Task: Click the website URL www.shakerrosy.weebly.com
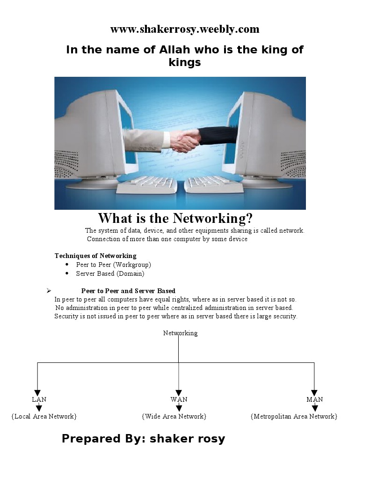point(185,29)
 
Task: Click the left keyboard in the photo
point(146,184)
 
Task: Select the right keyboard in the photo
point(214,184)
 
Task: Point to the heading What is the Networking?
point(175,218)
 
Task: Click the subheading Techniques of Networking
point(95,256)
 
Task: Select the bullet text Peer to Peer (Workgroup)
point(113,265)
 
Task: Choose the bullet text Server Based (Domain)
point(110,273)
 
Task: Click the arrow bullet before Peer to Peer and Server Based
point(49,291)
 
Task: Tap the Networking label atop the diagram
point(180,333)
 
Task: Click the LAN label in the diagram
point(39,399)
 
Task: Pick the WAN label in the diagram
point(179,399)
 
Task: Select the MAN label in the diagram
point(314,399)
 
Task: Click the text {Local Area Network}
point(44,416)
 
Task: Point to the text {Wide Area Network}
point(174,416)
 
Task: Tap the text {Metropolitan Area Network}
point(294,416)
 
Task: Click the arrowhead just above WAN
point(179,393)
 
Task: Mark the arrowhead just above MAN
point(314,393)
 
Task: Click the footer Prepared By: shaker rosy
point(143,439)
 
